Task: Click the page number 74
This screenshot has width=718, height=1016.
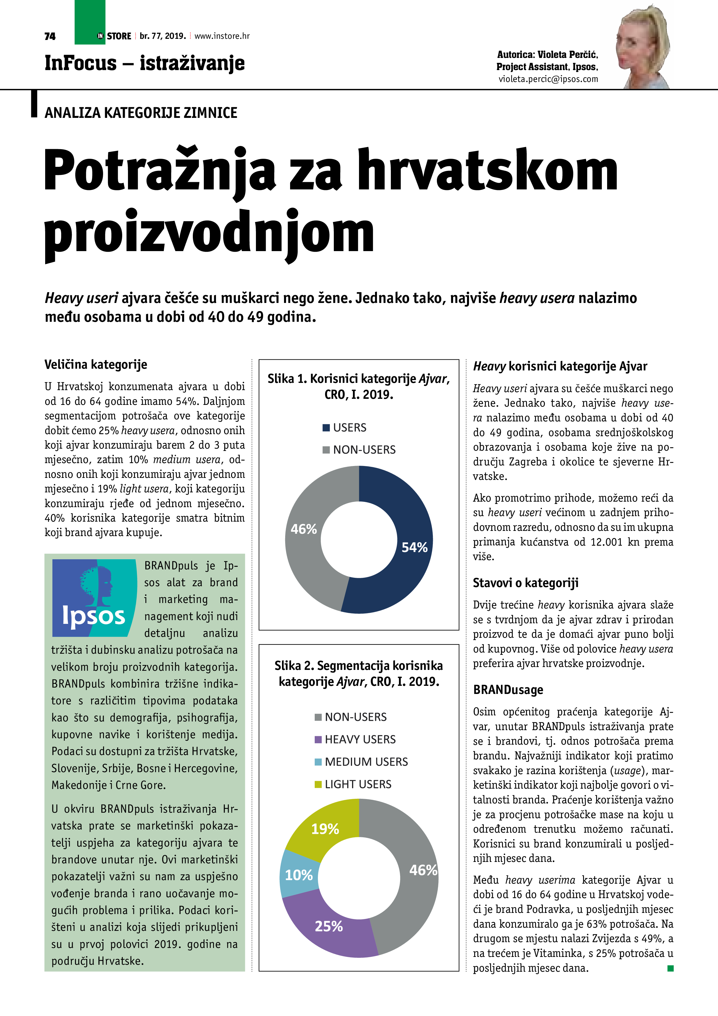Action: [x=50, y=36]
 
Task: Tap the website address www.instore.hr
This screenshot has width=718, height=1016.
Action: [x=222, y=36]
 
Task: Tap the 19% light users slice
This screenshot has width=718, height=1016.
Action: [x=325, y=829]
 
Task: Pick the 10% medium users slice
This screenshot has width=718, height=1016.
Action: [x=298, y=875]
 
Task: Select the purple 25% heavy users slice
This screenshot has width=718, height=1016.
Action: [x=329, y=926]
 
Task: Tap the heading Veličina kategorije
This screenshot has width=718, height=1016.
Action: [x=96, y=365]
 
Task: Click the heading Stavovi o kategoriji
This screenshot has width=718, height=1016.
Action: [x=525, y=583]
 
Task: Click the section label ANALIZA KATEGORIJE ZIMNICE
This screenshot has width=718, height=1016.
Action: [x=141, y=113]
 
